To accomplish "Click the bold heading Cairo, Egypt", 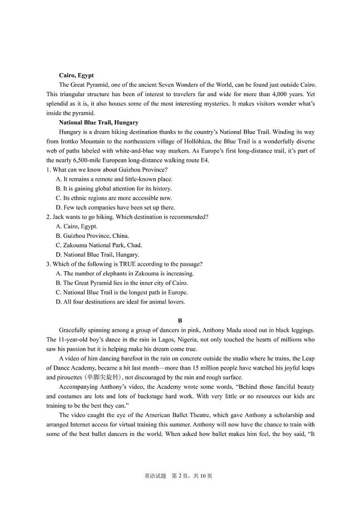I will point(76,75).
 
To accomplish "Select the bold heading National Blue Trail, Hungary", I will point(98,122).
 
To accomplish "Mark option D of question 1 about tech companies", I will point(115,207).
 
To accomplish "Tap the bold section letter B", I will point(180,320).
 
